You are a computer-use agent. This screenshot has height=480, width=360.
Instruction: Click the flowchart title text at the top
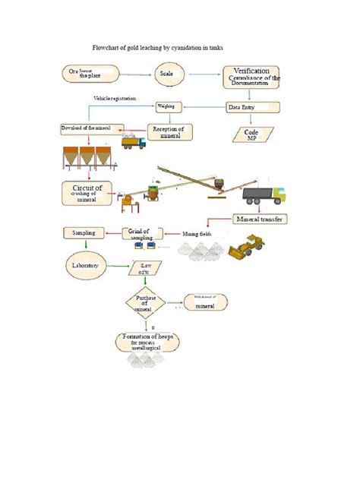tap(158, 47)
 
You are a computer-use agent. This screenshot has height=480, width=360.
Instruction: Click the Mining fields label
tap(195, 233)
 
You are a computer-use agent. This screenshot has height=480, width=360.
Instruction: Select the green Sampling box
tap(83, 232)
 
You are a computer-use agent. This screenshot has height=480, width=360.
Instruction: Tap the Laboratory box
tap(84, 266)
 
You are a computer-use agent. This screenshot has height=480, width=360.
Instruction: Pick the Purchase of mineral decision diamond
tap(144, 305)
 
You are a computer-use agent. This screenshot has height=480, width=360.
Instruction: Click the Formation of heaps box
tap(149, 341)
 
